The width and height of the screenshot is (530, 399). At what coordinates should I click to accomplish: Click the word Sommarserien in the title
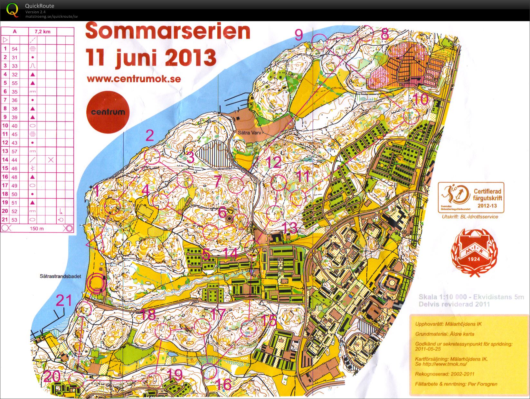click(x=167, y=32)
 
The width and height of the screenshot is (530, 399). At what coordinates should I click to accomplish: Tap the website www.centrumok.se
click(x=134, y=79)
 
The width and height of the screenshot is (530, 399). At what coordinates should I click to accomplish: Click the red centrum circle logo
click(x=108, y=112)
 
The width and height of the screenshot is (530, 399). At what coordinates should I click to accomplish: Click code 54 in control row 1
click(x=14, y=49)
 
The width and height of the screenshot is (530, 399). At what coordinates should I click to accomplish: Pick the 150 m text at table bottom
click(x=37, y=229)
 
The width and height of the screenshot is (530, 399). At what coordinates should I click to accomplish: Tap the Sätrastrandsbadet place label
click(x=60, y=276)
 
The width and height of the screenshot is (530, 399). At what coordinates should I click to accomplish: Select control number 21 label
click(x=64, y=301)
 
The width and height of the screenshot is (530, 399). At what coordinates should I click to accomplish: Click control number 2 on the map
click(x=150, y=136)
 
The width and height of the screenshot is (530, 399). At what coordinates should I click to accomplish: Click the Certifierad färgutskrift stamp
click(x=471, y=198)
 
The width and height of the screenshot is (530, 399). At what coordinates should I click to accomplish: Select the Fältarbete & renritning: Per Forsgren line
click(x=456, y=384)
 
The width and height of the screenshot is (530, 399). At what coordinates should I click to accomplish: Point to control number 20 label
click(x=52, y=376)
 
